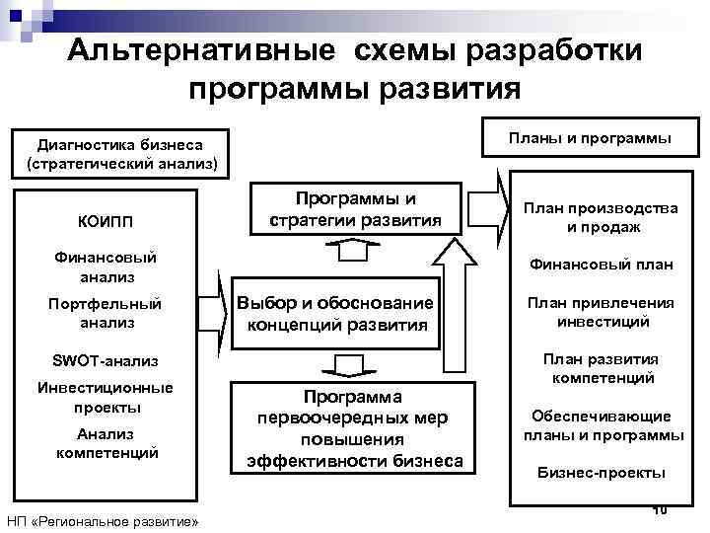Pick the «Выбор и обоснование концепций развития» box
click(336, 313)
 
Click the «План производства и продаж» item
click(603, 217)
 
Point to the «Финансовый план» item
click(603, 265)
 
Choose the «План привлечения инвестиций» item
click(603, 312)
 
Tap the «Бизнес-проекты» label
click(602, 473)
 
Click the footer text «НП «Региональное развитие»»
click(103, 520)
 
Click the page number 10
click(660, 508)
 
